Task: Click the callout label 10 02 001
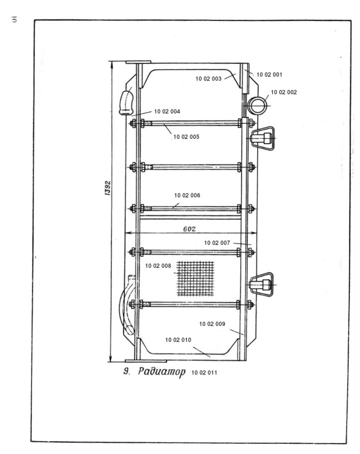point(270,74)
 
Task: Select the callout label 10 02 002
point(284,92)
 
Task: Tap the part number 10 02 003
point(208,78)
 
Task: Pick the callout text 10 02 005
point(187,137)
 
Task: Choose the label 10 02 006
point(188,195)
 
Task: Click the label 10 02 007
point(217,243)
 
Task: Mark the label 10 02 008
point(158,266)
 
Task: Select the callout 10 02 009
point(212,324)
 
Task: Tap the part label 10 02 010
point(178,340)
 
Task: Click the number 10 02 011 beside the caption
point(203,372)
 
